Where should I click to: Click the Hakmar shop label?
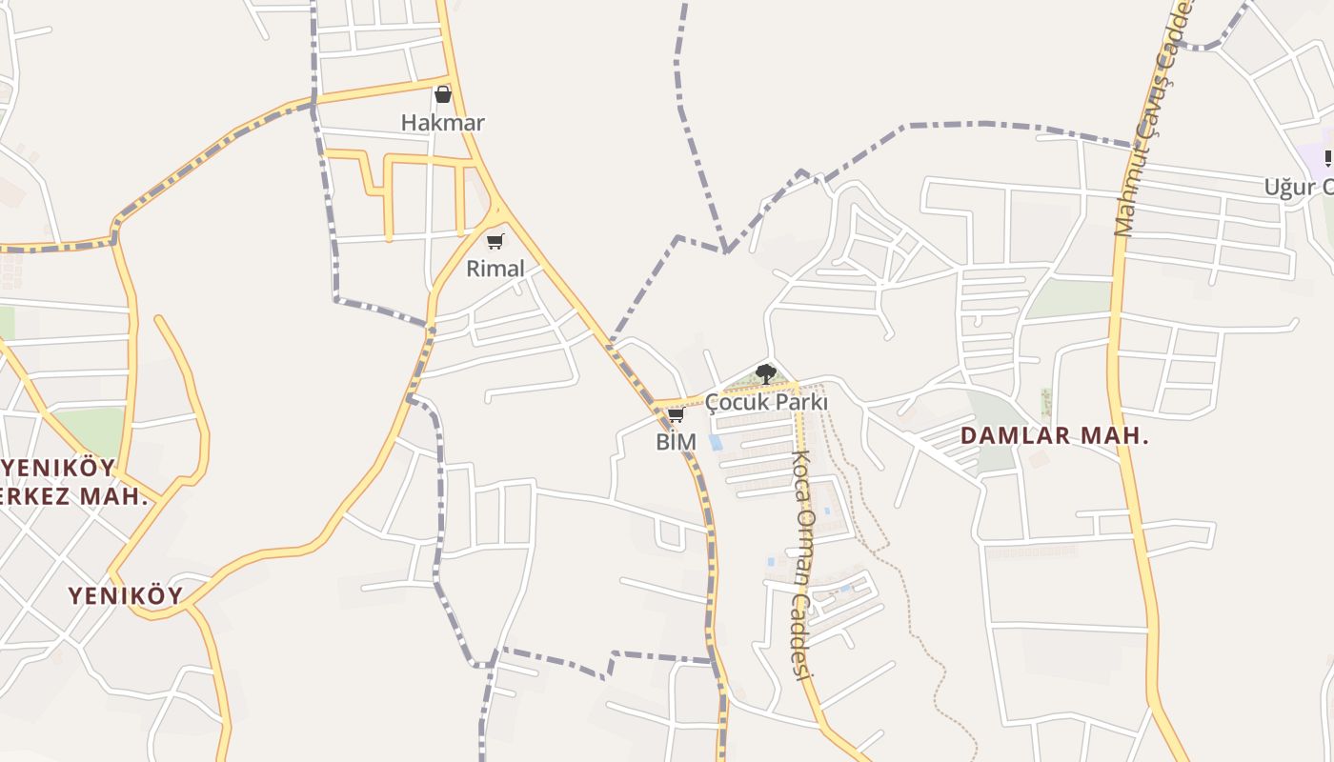coord(442,123)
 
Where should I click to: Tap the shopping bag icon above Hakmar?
coord(442,94)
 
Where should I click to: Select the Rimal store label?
coord(495,269)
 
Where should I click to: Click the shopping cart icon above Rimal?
coord(495,241)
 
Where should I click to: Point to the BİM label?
coord(676,442)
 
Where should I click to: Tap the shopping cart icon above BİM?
coord(676,414)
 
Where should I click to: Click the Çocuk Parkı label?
coord(767,402)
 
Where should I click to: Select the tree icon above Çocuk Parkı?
coord(765,373)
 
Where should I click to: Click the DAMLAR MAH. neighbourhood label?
coord(1054,436)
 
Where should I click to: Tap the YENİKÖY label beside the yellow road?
coord(125,596)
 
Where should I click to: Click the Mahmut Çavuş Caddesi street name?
coord(1152,119)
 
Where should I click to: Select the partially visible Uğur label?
coord(1298,187)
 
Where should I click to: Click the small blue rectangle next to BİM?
coord(715,442)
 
